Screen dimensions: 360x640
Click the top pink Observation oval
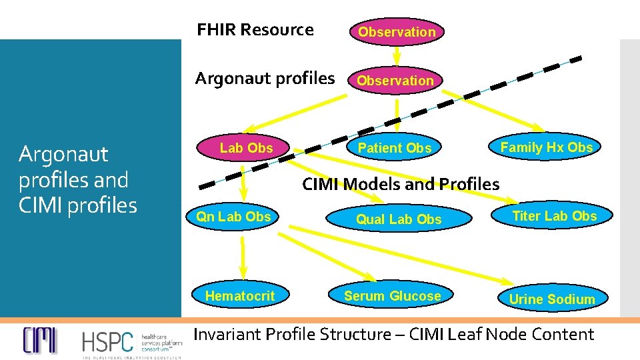click(x=396, y=31)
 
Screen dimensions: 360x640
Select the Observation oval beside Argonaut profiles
click(x=395, y=81)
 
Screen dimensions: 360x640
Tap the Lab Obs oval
click(x=246, y=148)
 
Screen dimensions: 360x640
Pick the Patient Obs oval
click(x=395, y=148)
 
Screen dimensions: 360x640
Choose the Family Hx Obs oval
click(x=546, y=147)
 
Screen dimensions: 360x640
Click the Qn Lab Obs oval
click(x=233, y=217)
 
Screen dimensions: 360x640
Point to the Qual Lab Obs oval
click(x=399, y=219)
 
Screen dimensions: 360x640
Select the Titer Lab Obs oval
click(x=554, y=216)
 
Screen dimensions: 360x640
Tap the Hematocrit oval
click(x=240, y=295)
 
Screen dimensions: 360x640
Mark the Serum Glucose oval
click(x=392, y=296)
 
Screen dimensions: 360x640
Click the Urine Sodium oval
click(x=551, y=299)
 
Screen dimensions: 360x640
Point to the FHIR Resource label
click(x=255, y=29)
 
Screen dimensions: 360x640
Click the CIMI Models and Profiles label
click(x=400, y=184)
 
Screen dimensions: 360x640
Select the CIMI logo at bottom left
click(x=40, y=341)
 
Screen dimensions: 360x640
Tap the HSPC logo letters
click(x=107, y=342)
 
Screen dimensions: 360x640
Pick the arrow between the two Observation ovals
click(x=396, y=55)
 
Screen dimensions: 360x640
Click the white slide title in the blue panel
click(x=77, y=179)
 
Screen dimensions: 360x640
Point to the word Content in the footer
click(x=561, y=334)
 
